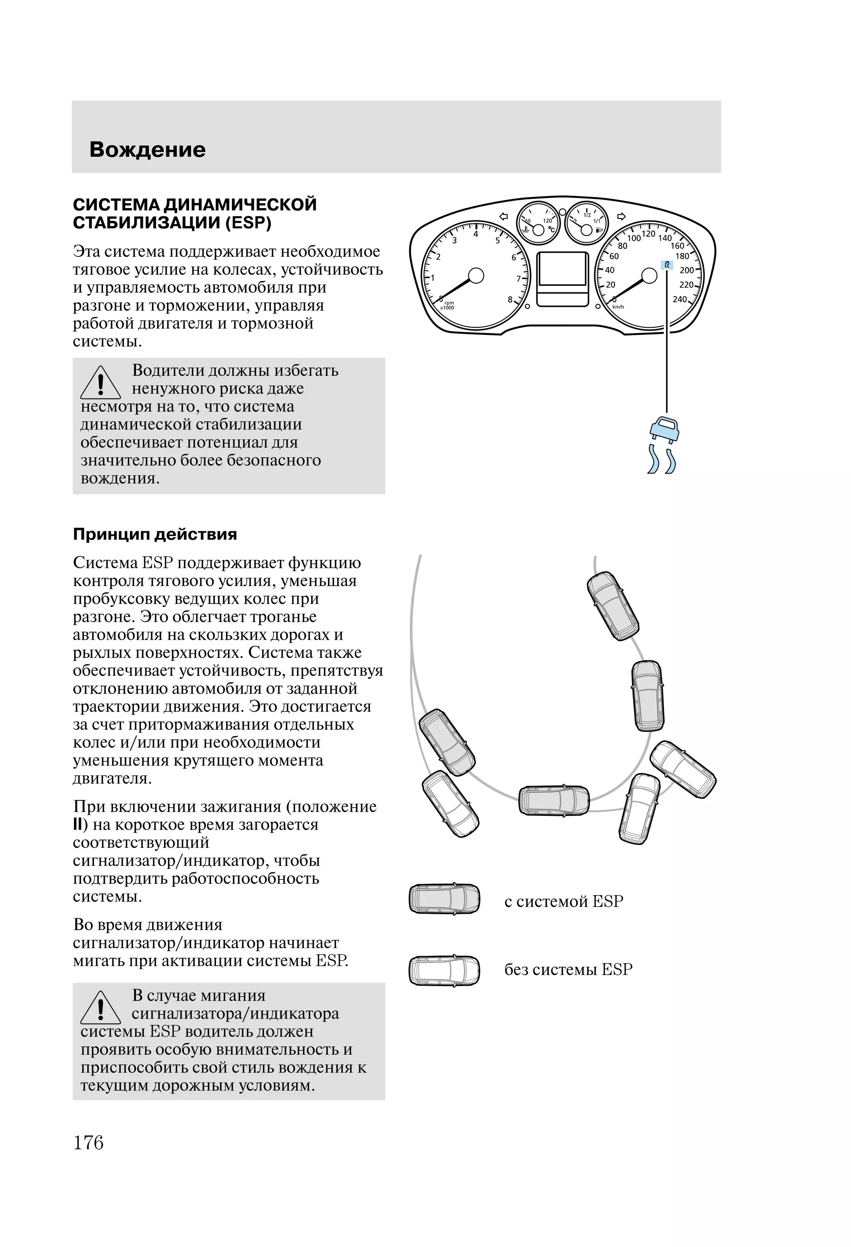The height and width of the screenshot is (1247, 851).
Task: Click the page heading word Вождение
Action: click(x=147, y=150)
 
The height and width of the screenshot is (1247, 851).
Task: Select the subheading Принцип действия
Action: click(x=155, y=535)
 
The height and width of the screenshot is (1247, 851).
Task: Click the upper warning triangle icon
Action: click(x=101, y=383)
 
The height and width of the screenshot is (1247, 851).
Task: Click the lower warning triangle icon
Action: click(x=101, y=1008)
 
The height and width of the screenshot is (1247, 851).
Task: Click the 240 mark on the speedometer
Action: click(x=680, y=299)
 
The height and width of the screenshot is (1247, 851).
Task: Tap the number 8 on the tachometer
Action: click(x=510, y=299)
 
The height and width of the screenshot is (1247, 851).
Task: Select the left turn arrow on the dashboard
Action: click(x=504, y=217)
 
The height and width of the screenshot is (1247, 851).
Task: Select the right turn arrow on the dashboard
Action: click(x=621, y=216)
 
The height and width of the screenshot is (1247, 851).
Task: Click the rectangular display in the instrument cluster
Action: click(x=562, y=269)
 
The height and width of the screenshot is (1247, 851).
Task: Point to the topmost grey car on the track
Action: click(x=612, y=606)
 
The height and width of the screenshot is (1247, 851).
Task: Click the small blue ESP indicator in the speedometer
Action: click(x=667, y=265)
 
